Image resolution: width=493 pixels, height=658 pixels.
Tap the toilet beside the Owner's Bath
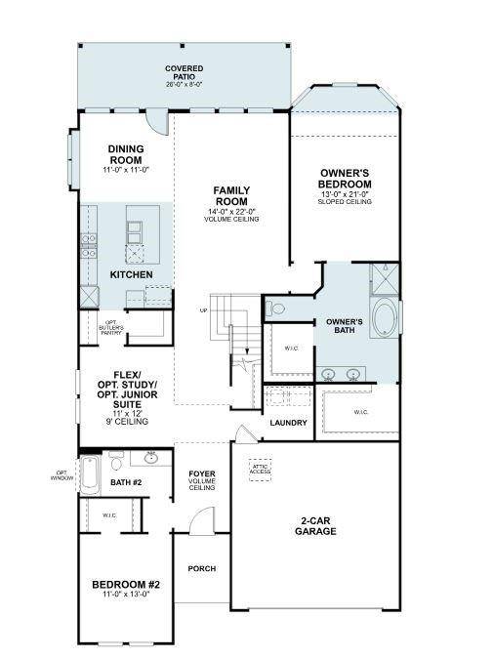point(276,308)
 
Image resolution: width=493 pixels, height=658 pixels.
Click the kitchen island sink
point(135,230)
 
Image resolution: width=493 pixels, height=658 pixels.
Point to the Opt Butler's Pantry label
point(113,327)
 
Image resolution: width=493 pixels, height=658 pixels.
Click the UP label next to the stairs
point(203,311)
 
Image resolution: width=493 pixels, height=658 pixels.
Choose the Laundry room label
point(289,423)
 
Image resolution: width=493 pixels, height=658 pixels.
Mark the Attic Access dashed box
point(260,468)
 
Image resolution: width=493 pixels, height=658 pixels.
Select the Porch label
point(202,568)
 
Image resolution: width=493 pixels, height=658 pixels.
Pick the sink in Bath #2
point(152,457)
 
